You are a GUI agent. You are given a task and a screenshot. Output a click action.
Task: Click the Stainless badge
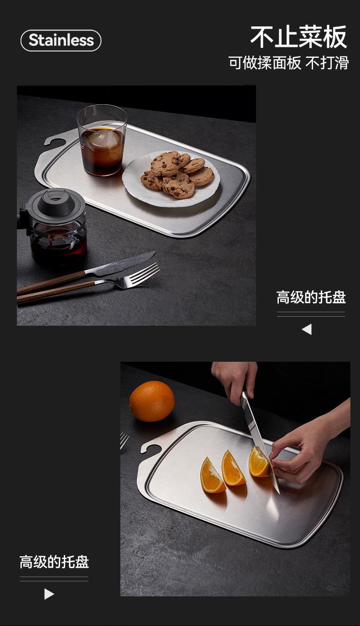(x=61, y=41)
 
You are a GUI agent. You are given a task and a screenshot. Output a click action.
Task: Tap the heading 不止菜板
(x=298, y=36)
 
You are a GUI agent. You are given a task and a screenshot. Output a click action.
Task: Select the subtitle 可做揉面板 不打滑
(x=288, y=62)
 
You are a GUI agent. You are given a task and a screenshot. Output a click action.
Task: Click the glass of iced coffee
(x=102, y=140)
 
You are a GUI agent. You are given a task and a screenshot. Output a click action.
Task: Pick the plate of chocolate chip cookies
(x=171, y=179)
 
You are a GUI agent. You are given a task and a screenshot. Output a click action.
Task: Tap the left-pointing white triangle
(x=307, y=329)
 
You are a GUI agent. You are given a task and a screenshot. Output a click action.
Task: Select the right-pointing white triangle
(x=49, y=594)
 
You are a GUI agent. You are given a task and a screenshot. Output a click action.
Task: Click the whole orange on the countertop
(x=152, y=401)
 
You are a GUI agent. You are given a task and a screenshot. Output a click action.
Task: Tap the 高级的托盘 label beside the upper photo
(x=311, y=297)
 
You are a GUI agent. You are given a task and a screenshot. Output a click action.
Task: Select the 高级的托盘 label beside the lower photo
(x=54, y=562)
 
